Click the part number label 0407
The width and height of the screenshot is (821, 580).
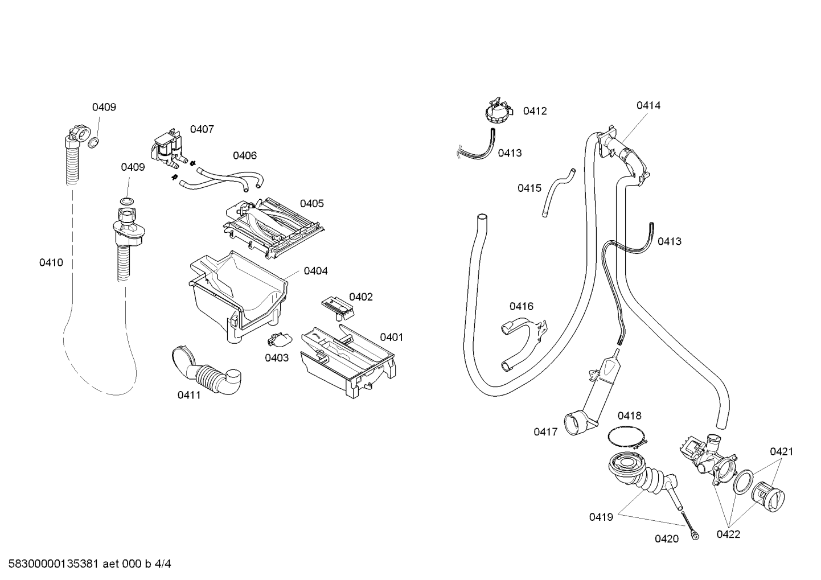(202, 129)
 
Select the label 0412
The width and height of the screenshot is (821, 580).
(535, 111)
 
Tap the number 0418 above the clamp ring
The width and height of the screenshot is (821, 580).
(629, 416)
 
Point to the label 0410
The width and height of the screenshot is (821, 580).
(51, 262)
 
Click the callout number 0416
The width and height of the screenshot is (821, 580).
(521, 306)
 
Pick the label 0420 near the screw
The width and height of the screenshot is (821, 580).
(667, 538)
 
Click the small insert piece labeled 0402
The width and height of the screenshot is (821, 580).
(338, 308)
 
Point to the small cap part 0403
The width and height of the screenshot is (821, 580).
(280, 340)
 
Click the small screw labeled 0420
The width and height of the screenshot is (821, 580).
(690, 525)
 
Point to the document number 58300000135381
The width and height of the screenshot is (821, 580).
(54, 564)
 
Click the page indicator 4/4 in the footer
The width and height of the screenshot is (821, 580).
(163, 564)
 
